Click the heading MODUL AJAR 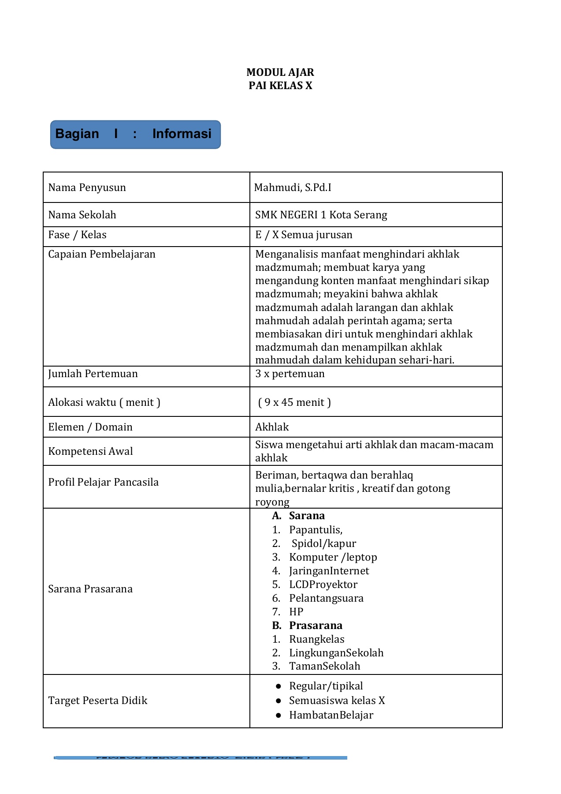280,72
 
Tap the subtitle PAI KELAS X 280,86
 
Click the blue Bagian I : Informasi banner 135,134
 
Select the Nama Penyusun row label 87,187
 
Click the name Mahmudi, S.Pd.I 293,187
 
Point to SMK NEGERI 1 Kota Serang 321,215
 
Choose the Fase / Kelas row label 77,235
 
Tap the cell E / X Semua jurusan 304,235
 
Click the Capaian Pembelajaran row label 102,254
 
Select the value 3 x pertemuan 290,374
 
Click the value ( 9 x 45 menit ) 294,402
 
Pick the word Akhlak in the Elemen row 272,427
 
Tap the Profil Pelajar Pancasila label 103,482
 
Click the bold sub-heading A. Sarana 298,516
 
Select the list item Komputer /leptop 333,557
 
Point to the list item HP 296,612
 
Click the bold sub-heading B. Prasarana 307,625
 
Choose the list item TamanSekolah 324,666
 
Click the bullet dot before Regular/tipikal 278,686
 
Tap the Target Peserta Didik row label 97,700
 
